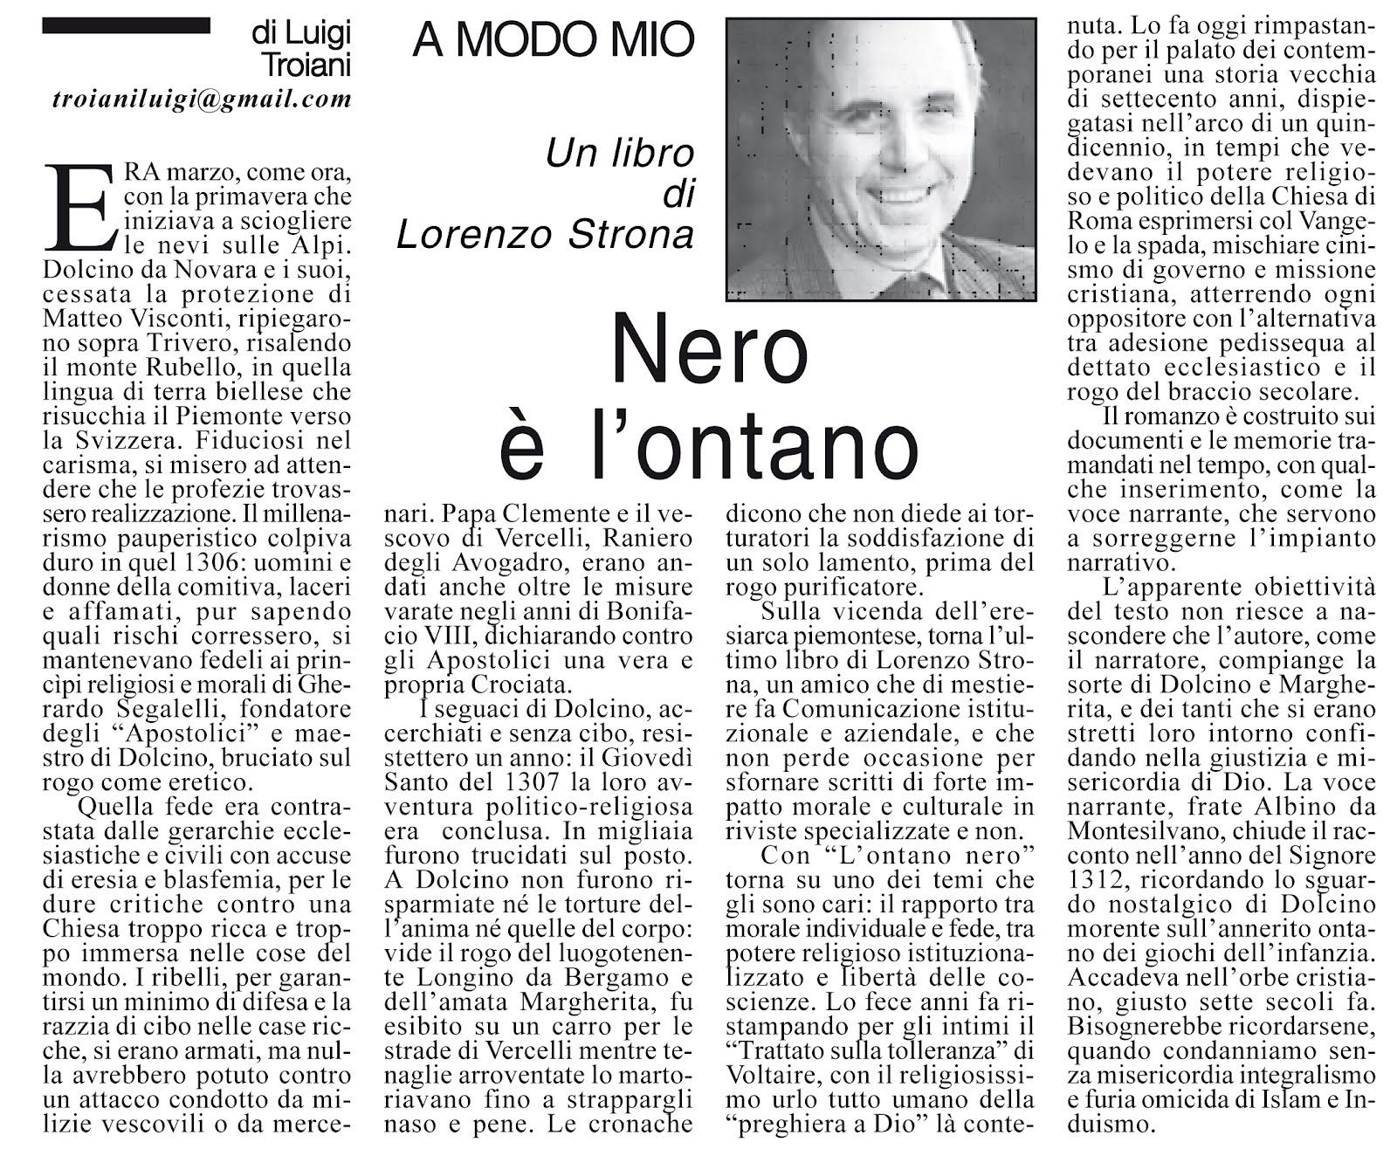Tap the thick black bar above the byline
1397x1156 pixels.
point(126,26)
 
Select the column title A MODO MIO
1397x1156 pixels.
point(554,41)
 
